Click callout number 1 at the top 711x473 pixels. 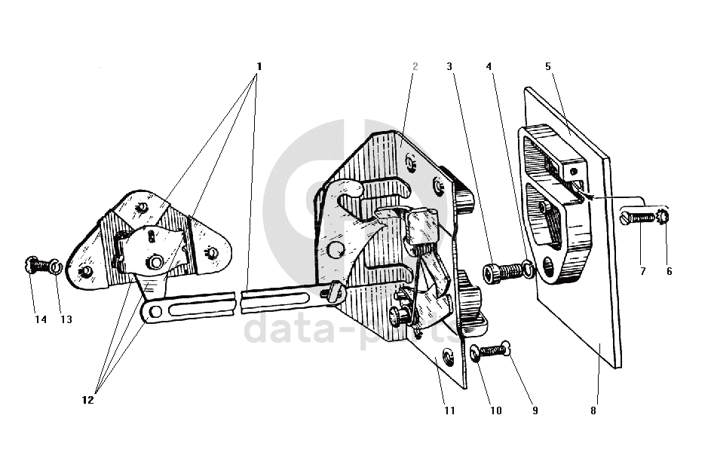click(259, 66)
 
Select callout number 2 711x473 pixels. click(415, 66)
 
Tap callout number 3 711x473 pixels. click(449, 66)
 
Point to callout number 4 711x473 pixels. click(489, 66)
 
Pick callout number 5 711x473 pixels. click(548, 66)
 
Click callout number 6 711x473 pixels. click(669, 271)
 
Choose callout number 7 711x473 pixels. click(643, 271)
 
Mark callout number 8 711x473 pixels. click(593, 411)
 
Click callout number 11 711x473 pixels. click(449, 411)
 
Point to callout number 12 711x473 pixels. click(88, 400)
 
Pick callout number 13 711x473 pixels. click(66, 319)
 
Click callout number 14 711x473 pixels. click(41, 319)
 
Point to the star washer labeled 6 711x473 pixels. click(663, 217)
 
